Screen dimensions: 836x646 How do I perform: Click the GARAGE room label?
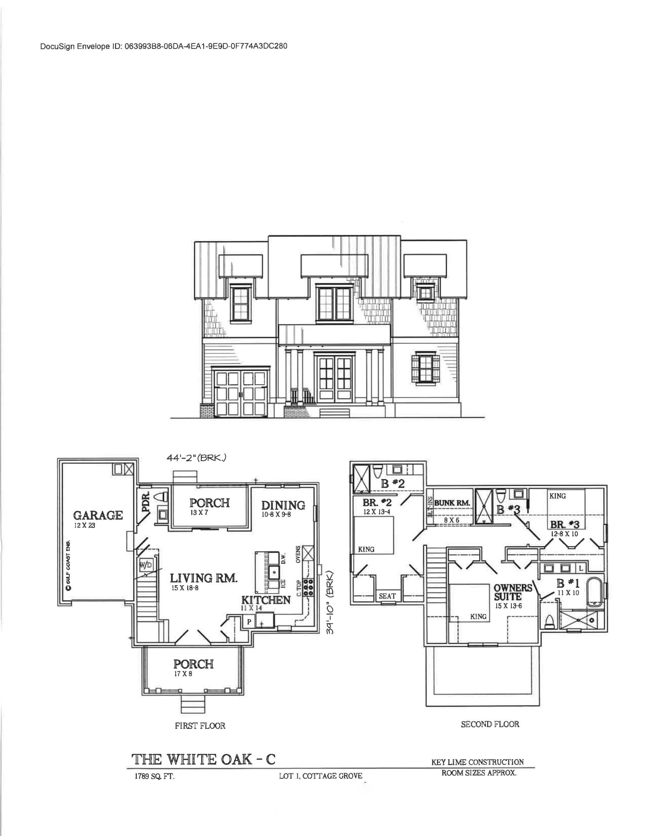[98, 515]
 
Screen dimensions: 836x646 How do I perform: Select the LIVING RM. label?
[204, 579]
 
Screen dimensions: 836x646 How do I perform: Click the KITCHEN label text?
[266, 600]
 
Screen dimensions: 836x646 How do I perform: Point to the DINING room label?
[283, 505]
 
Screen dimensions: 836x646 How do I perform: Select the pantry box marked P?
[249, 622]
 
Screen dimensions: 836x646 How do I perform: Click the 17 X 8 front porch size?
[183, 673]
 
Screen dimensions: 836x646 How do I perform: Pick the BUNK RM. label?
[452, 503]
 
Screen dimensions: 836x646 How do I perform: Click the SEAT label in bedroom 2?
[387, 596]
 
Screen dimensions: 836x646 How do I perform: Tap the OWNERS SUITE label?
[513, 591]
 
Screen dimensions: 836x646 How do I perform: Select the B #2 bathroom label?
[393, 484]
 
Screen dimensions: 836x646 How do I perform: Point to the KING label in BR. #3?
[557, 496]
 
